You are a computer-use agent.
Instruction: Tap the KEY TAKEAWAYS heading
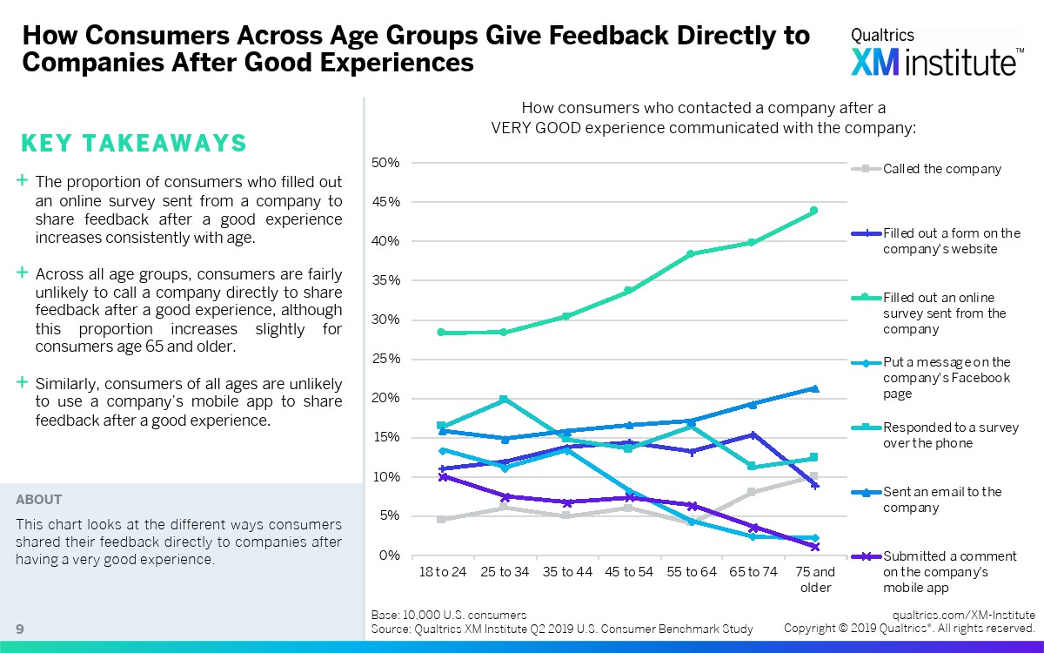[133, 144]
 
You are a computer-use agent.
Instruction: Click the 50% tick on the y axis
[385, 163]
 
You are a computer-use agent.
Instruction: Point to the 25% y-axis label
[385, 359]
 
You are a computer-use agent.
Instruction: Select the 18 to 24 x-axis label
[442, 572]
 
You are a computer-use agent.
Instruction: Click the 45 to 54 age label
[628, 572]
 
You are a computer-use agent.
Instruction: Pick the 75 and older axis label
[815, 579]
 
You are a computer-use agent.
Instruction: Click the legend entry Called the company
[941, 169]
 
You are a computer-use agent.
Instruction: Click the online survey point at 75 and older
[814, 210]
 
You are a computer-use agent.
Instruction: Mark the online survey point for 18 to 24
[442, 333]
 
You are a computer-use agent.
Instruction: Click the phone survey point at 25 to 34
[504, 400]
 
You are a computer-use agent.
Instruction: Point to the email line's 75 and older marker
[814, 388]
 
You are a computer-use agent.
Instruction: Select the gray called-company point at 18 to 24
[442, 519]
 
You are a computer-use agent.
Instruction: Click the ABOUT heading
[38, 500]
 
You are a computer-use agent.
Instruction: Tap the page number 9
[19, 629]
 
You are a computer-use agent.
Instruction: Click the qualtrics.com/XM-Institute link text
[963, 614]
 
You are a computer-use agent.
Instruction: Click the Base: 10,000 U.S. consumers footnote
[448, 615]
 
